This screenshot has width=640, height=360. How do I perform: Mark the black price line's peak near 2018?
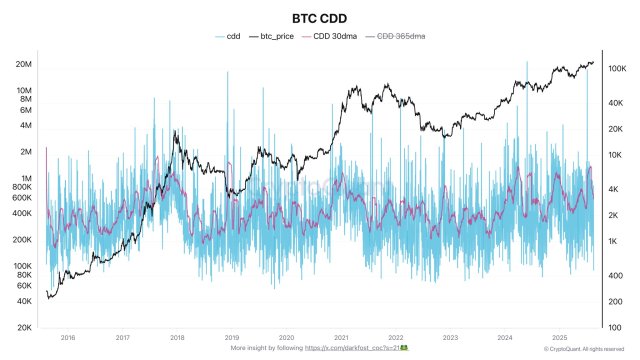coord(176,131)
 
